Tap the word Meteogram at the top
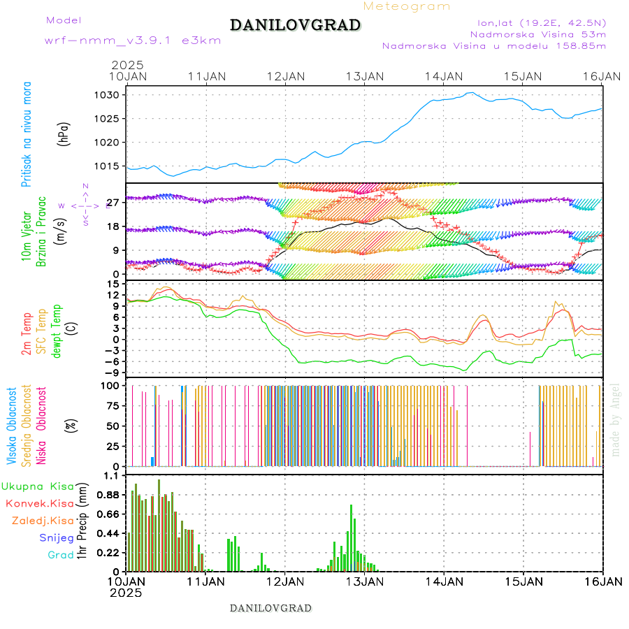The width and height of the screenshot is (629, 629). (407, 6)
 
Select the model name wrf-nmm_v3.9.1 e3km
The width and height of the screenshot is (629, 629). (133, 40)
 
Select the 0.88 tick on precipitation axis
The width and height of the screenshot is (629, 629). (108, 495)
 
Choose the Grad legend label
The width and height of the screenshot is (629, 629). (60, 555)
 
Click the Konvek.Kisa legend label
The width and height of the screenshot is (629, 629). (39, 503)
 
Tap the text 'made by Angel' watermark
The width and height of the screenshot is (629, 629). (615, 419)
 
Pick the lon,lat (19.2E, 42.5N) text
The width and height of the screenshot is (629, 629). (537, 22)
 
